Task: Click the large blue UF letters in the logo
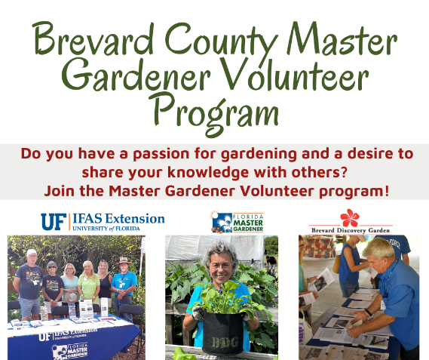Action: pyautogui.click(x=53, y=221)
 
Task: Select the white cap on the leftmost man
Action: pyautogui.click(x=31, y=252)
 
